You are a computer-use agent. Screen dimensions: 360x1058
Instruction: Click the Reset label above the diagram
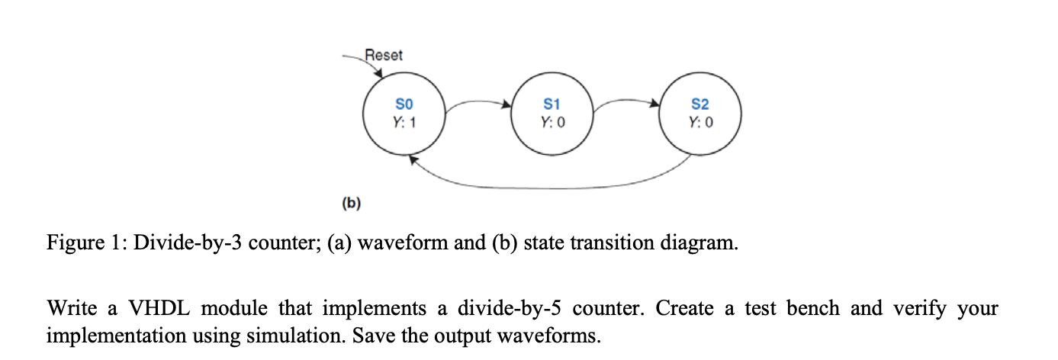click(384, 55)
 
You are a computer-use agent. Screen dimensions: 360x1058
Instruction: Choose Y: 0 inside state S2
click(699, 122)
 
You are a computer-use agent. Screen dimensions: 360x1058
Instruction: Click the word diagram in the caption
click(696, 243)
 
